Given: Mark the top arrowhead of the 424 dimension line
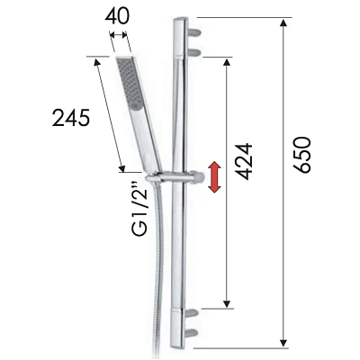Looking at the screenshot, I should (x=226, y=59).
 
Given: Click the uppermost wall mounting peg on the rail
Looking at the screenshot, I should (x=195, y=31).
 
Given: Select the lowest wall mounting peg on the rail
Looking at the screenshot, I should (x=195, y=333).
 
